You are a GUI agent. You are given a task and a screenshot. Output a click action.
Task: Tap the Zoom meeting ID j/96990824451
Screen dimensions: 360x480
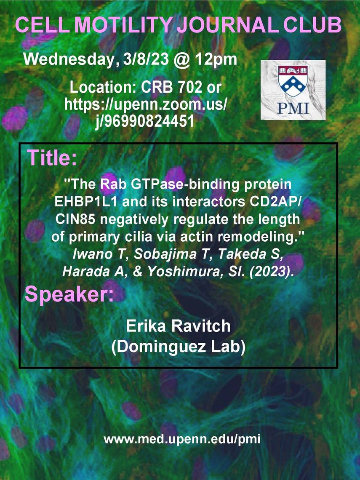coord(144,121)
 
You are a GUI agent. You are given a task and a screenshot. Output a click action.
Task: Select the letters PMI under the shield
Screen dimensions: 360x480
coord(293,108)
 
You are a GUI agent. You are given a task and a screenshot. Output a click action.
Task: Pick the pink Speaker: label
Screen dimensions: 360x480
coord(69,294)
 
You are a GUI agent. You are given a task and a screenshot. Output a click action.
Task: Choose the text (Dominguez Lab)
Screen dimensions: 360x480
coord(178,347)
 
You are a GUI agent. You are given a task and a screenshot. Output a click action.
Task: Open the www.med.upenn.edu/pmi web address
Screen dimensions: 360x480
coord(182,439)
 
